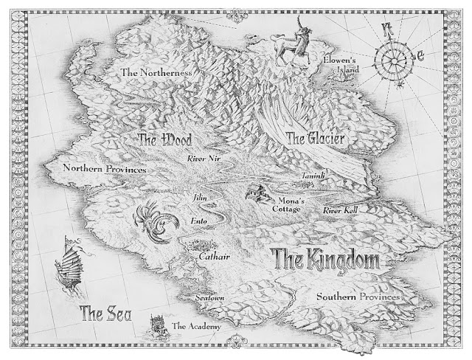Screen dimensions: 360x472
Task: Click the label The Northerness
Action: click(156, 73)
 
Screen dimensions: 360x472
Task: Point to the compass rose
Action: click(396, 53)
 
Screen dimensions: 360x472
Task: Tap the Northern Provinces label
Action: click(104, 169)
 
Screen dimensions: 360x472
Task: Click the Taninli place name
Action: click(313, 178)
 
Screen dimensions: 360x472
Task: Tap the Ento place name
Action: click(198, 220)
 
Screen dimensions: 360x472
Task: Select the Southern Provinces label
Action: click(358, 297)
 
